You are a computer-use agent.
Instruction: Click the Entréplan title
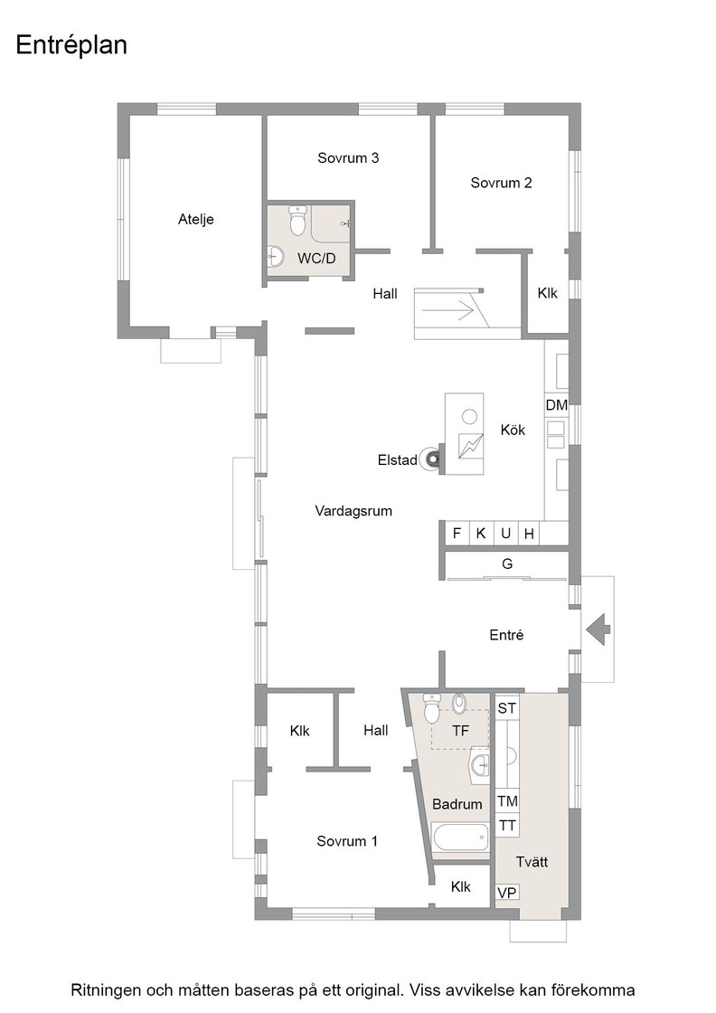click(71, 46)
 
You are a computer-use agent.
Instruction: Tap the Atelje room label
click(195, 220)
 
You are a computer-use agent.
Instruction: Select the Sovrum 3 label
click(348, 157)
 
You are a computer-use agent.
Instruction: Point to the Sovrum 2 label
click(501, 183)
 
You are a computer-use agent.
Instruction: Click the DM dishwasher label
click(557, 406)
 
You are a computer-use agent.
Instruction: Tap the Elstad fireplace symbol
click(430, 459)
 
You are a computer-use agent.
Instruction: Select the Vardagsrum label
click(353, 511)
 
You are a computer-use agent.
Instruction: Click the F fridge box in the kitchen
click(457, 534)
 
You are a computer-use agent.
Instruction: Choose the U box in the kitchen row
click(505, 534)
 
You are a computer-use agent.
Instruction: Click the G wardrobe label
click(507, 564)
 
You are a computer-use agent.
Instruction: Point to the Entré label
click(506, 635)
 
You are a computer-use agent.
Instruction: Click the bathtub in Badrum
click(460, 838)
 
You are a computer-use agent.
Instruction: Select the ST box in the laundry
click(507, 708)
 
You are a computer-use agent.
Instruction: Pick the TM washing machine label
click(507, 801)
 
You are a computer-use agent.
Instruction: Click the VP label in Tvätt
click(507, 893)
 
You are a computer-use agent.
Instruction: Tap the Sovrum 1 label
click(347, 841)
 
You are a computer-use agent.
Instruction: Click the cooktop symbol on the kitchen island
click(471, 445)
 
